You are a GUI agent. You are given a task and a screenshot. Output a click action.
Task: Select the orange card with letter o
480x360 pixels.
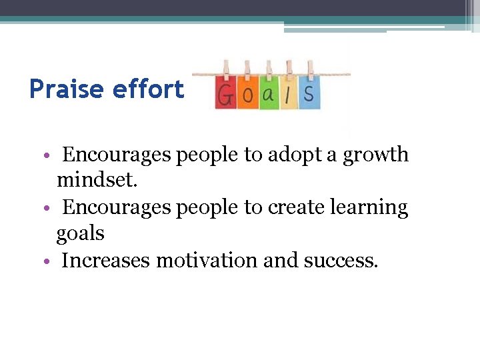pyautogui.click(x=247, y=95)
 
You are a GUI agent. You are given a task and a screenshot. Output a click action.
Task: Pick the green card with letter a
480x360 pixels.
pyautogui.click(x=268, y=95)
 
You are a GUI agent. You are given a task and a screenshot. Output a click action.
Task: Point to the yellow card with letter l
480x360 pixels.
pyautogui.click(x=288, y=95)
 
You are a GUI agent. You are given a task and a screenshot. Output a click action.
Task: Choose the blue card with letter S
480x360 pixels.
pyautogui.click(x=309, y=95)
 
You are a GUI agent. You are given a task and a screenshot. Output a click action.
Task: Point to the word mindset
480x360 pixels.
pyautogui.click(x=97, y=181)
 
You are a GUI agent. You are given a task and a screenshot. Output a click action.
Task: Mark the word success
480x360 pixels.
pyautogui.click(x=340, y=260)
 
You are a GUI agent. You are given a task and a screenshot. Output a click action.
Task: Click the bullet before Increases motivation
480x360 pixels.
pyautogui.click(x=52, y=261)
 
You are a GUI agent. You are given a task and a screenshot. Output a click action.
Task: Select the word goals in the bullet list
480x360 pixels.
pyautogui.click(x=80, y=234)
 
